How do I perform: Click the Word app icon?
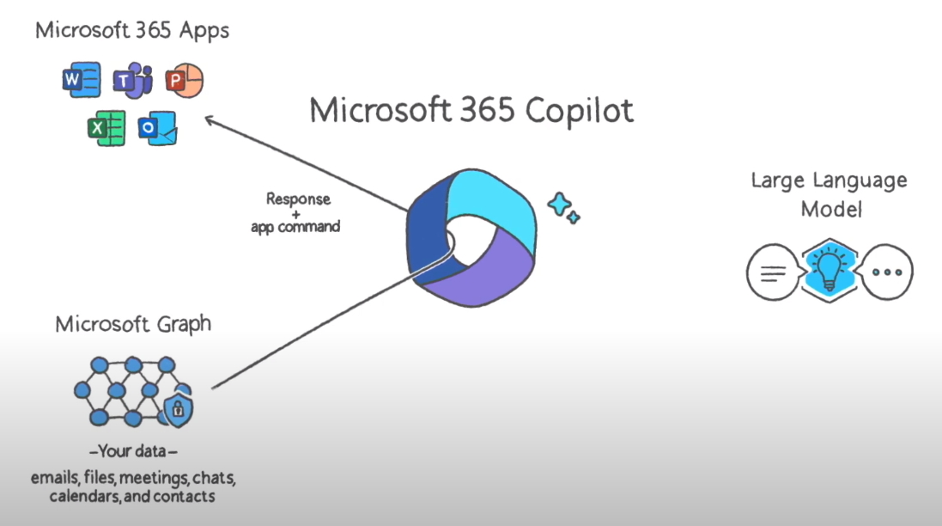[x=82, y=81]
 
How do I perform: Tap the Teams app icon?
[x=131, y=82]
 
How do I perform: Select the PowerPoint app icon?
[x=184, y=81]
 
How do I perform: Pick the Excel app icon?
[x=106, y=129]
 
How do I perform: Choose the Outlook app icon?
[x=158, y=129]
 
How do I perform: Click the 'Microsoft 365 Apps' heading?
[x=132, y=31]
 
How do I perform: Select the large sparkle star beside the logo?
[x=560, y=205]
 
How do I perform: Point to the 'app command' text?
[x=295, y=228]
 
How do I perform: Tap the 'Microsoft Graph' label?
[x=133, y=324]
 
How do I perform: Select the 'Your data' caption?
[x=133, y=451]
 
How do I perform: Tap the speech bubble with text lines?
[x=774, y=272]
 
